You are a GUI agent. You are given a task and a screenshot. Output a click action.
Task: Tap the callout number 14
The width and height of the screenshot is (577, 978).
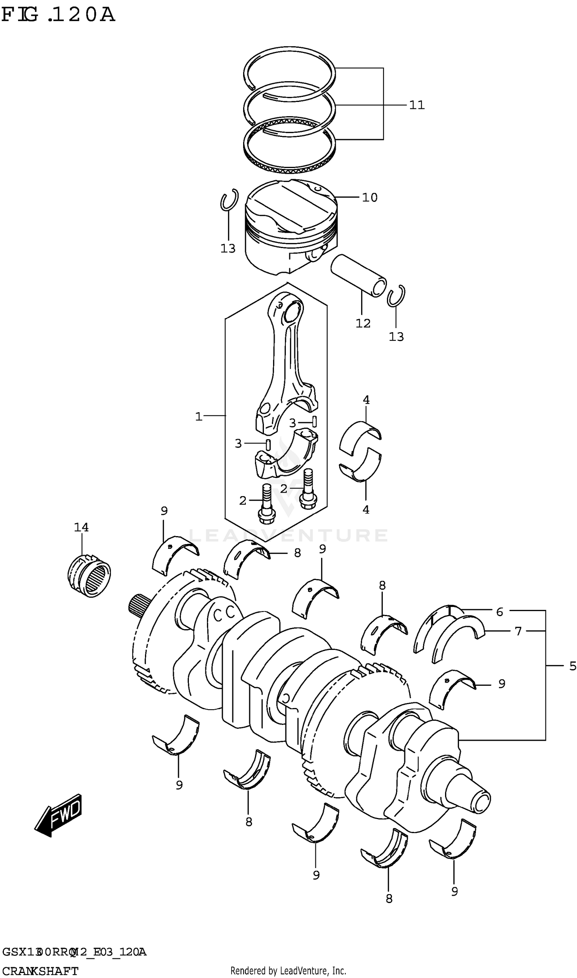tap(81, 528)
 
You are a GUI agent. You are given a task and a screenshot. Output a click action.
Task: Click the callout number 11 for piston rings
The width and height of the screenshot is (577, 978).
tap(417, 105)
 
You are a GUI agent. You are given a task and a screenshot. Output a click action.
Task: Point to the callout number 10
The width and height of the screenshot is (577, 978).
tap(370, 197)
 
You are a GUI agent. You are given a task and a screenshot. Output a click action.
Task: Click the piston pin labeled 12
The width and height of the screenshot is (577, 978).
tap(359, 275)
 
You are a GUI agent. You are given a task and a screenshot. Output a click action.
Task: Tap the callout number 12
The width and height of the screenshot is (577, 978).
tap(363, 323)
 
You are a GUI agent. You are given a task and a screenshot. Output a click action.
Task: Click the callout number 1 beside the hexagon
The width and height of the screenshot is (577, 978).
tap(199, 417)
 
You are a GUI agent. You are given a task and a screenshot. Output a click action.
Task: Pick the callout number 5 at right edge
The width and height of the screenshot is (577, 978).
tap(572, 666)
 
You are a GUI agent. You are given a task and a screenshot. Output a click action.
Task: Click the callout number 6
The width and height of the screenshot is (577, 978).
tap(500, 612)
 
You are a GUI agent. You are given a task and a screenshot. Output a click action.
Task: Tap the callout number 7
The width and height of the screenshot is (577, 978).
tap(518, 631)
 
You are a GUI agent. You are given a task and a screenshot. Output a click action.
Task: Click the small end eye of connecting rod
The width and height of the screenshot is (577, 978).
tap(292, 311)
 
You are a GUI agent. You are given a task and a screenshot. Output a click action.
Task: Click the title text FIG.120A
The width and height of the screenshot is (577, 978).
tap(58, 15)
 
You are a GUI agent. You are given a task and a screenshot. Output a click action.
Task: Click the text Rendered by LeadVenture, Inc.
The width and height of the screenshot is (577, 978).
tap(288, 971)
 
